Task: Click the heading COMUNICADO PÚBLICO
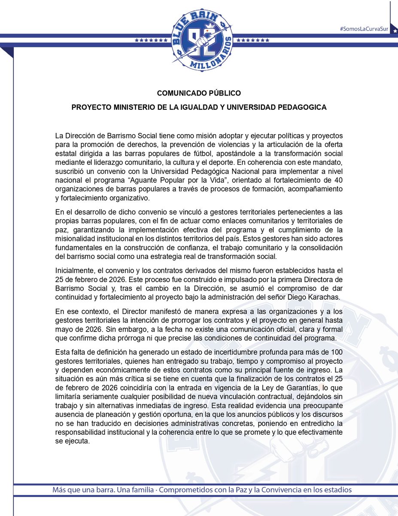click(199, 92)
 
